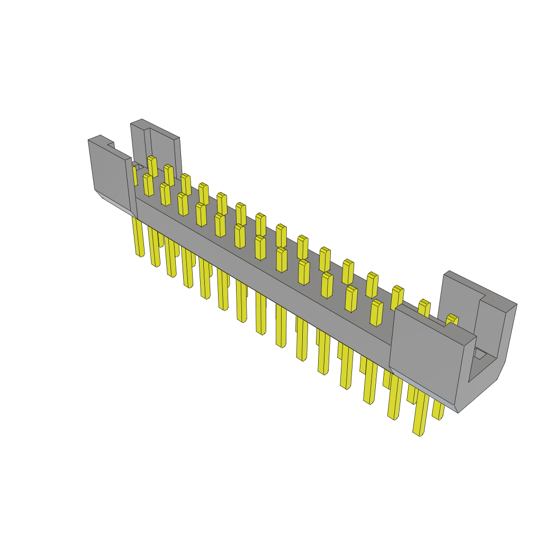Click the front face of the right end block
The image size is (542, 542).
(x=423, y=360)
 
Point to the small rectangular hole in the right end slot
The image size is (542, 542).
(x=480, y=354)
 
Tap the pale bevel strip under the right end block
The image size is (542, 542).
(x=423, y=389)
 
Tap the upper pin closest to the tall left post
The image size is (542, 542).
(x=152, y=166)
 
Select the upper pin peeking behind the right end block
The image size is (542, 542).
(x=451, y=319)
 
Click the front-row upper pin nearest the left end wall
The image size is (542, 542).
(x=148, y=185)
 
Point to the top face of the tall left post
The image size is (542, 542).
(x=141, y=125)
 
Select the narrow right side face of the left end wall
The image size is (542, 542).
(x=131, y=188)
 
